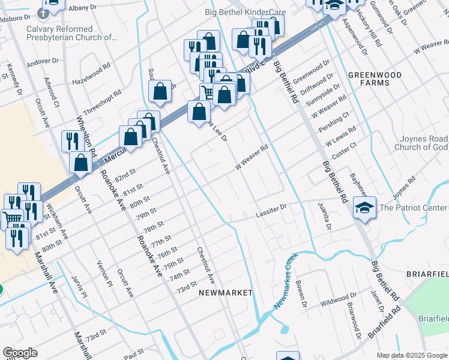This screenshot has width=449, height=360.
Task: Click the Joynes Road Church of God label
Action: coord(420,143)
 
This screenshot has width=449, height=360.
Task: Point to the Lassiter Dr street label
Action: coord(271,212)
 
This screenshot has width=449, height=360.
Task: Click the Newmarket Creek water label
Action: coord(286,281)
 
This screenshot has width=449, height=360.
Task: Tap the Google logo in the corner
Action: coord(20,353)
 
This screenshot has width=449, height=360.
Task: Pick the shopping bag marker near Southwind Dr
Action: coord(160,92)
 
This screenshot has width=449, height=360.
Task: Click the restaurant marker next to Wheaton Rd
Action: coord(71,140)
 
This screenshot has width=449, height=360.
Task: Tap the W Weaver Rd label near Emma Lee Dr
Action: coord(250,157)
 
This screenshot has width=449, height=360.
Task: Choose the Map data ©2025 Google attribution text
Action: coord(412,355)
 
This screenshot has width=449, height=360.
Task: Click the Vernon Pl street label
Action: coord(106,273)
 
